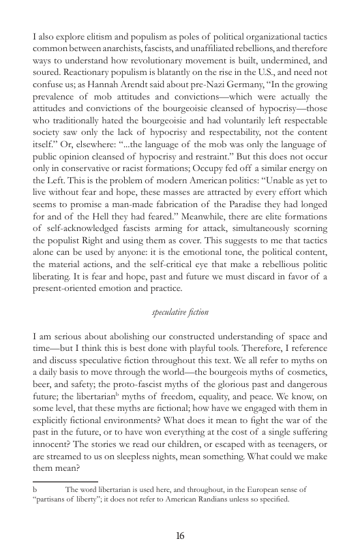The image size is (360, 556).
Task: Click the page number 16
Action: coord(180,536)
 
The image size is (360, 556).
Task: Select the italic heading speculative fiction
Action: coord(180,312)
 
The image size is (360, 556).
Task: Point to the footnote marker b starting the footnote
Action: coord(35,489)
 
